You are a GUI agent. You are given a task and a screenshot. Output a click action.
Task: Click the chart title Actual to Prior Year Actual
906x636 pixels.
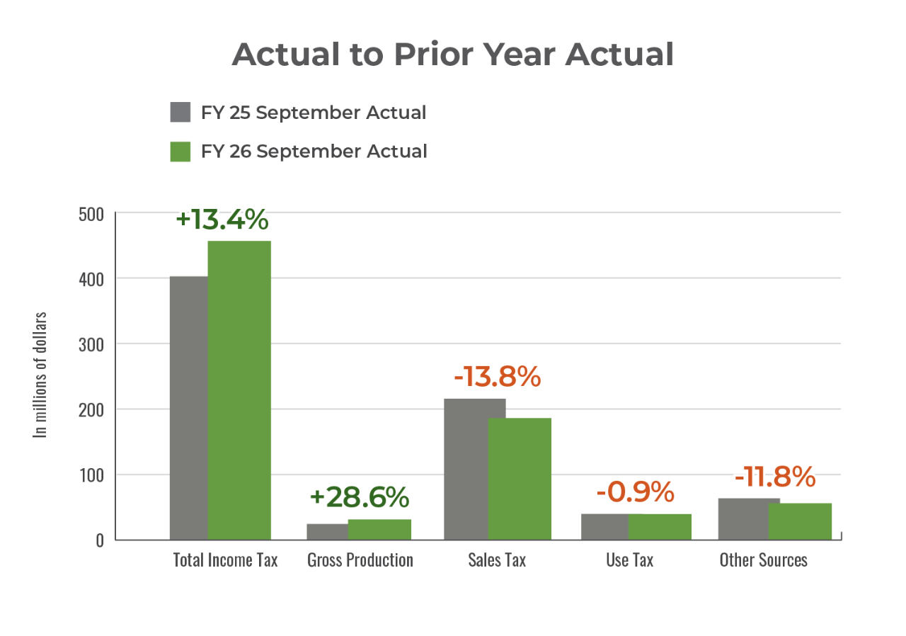(x=452, y=55)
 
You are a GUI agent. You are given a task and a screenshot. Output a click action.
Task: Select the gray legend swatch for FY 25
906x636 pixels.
(x=180, y=113)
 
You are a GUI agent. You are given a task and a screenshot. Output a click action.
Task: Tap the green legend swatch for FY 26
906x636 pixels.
(x=180, y=152)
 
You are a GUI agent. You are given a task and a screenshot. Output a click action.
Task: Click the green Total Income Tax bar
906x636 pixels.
(x=239, y=390)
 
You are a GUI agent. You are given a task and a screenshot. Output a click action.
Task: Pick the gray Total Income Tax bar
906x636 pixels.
(x=188, y=407)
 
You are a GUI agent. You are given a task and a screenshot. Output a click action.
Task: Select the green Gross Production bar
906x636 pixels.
(x=379, y=529)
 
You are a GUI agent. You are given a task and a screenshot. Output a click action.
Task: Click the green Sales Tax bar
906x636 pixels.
(x=520, y=478)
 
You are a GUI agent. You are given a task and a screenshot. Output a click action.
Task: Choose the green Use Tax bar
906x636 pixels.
(x=660, y=526)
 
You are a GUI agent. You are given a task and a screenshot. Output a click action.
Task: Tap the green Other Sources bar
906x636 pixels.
(x=800, y=521)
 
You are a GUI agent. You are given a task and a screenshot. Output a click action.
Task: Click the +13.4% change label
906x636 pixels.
(x=222, y=220)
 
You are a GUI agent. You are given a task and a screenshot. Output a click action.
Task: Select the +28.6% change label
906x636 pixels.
(x=360, y=497)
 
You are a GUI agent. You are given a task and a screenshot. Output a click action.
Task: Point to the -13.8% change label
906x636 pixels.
(x=497, y=377)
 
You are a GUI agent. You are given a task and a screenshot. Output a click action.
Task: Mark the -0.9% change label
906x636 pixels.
(x=635, y=492)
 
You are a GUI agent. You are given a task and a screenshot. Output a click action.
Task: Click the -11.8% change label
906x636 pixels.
(x=774, y=477)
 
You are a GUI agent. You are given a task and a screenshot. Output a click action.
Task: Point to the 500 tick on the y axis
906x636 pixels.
(x=90, y=214)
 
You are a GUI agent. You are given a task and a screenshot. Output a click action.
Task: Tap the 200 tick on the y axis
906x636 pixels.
(x=90, y=410)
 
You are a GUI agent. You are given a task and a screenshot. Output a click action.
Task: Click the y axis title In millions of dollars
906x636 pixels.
(x=42, y=374)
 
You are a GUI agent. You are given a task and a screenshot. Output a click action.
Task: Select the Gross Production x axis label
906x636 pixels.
(x=360, y=560)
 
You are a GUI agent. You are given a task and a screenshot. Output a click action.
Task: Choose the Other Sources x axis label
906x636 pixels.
(x=763, y=560)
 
